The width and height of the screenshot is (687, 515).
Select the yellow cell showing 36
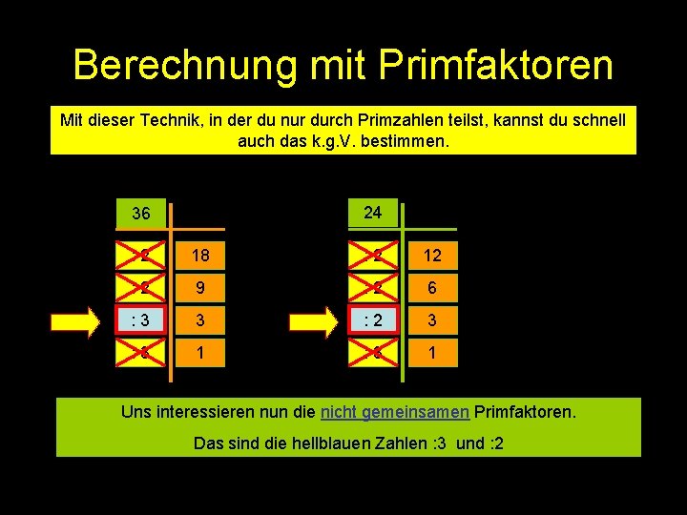[140, 214]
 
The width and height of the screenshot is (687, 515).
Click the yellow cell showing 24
[373, 213]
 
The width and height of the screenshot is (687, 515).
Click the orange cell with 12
[434, 255]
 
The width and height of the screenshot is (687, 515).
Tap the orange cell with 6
[434, 287]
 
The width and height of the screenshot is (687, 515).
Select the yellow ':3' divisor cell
[140, 319]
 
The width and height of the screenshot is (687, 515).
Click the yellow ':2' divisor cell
[373, 319]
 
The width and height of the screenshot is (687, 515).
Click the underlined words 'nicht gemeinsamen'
[394, 412]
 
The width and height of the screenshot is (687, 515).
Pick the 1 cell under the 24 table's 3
[434, 353]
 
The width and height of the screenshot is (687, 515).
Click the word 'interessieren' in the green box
[201, 412]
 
